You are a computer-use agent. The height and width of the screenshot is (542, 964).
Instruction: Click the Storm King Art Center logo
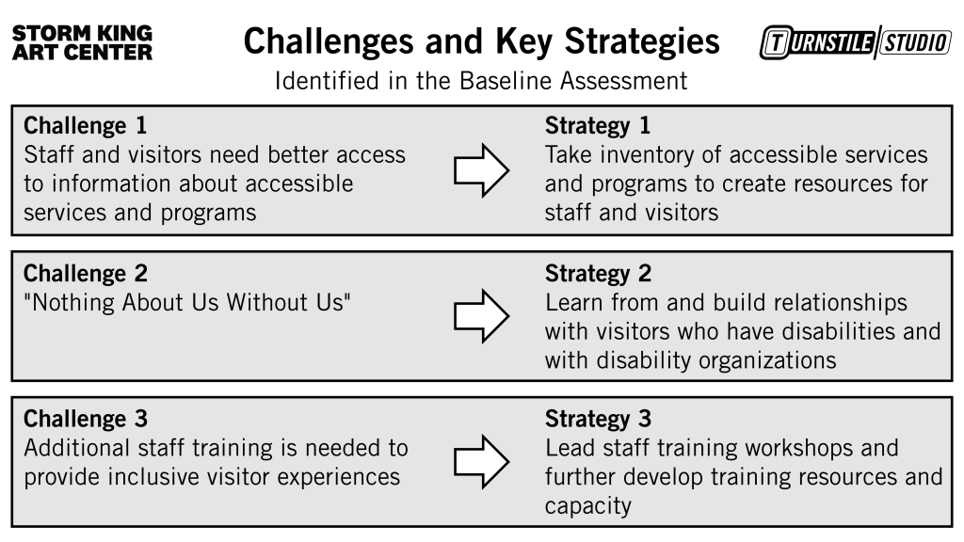(x=82, y=43)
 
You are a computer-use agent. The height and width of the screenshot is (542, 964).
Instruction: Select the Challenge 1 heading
(x=85, y=125)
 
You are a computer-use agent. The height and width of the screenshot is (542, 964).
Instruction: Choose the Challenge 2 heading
(x=85, y=274)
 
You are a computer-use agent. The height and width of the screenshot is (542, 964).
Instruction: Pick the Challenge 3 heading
(x=85, y=419)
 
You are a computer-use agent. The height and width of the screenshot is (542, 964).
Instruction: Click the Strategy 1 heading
(x=598, y=125)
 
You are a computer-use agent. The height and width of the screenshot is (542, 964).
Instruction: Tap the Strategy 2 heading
(x=598, y=274)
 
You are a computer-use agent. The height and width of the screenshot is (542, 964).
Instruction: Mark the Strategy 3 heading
(x=598, y=419)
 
